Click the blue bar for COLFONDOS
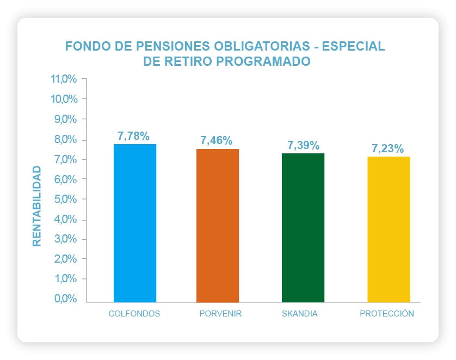[134, 223]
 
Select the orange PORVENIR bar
[218, 225]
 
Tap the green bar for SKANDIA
[303, 227]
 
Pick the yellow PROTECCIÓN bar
[389, 229]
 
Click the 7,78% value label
[133, 136]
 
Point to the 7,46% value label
[217, 141]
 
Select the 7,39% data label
[303, 145]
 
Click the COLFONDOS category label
[134, 314]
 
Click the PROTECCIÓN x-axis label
[387, 314]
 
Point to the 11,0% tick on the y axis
[64, 79]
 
